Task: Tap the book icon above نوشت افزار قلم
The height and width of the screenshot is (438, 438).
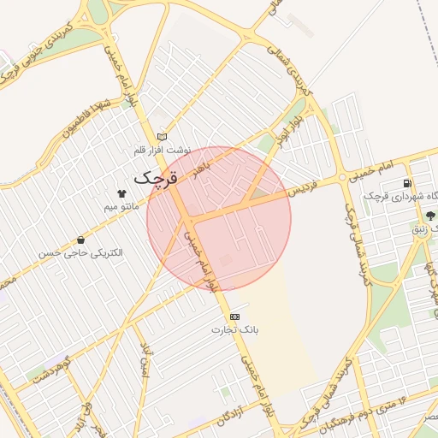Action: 163,137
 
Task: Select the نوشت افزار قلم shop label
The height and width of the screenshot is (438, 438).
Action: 162,151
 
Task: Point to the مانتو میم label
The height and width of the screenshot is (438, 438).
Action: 121,207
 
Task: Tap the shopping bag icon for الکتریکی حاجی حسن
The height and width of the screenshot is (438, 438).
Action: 81,240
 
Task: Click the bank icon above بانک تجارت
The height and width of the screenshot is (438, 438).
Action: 235,317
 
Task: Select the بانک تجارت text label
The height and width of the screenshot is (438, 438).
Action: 235,329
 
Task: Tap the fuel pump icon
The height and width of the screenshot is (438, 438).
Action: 406,183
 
